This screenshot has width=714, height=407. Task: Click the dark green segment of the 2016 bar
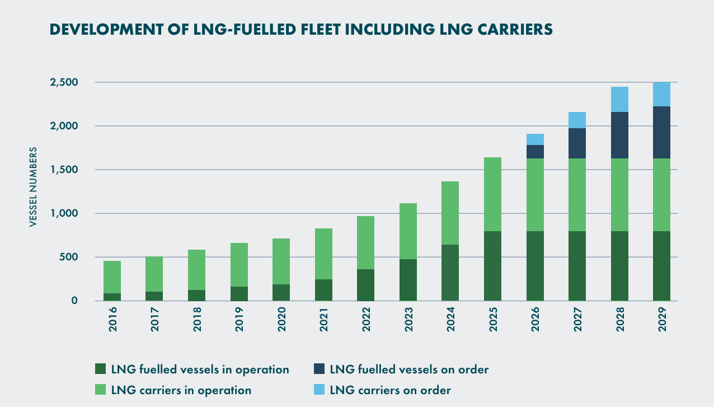[112, 297]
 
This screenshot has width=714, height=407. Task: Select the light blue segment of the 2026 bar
[535, 139]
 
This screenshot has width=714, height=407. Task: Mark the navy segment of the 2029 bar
[661, 132]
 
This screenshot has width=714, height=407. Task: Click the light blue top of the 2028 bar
[619, 99]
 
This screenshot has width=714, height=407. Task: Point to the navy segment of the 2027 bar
[577, 143]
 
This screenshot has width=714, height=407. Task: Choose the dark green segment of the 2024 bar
[450, 273]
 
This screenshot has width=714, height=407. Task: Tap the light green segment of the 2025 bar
[492, 194]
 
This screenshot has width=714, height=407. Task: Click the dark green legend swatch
[101, 369]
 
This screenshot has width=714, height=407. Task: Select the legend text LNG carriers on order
[391, 390]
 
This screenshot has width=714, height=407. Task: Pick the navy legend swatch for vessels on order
[318, 369]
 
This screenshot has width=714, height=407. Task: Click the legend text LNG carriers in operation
[181, 390]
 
